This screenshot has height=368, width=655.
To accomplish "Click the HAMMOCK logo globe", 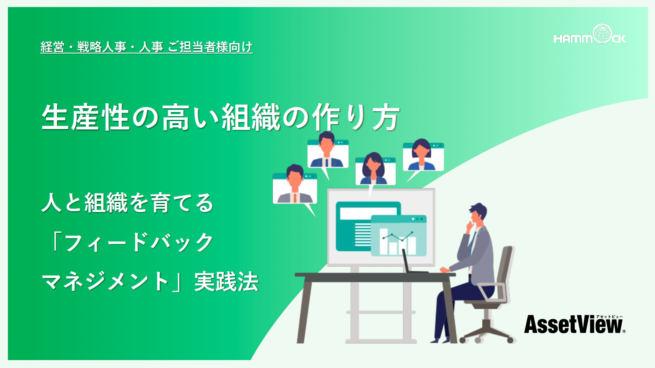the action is coord(602,34).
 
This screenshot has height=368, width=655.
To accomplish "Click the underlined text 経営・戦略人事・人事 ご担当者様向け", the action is coord(147,47).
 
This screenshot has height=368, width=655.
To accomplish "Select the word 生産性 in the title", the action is coord(86,117).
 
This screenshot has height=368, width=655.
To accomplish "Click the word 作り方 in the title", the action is coord(356,117).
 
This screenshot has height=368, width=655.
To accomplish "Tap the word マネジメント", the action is coord(105,281).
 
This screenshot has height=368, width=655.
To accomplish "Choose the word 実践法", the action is coord(227,281).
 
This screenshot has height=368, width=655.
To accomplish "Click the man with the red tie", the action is coord(295,184).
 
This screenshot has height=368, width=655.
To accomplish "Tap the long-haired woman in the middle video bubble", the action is coord(374,169).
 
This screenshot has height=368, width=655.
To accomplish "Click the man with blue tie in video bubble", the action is coord(327,150).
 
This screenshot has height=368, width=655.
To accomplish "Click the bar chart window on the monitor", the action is coord(399,236).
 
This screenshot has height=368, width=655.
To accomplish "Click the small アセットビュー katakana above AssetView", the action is coord(609,317).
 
